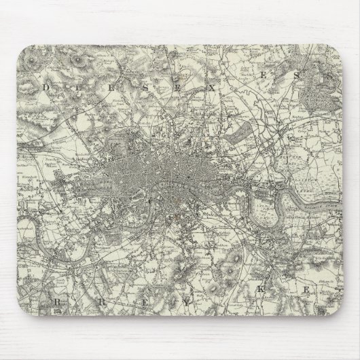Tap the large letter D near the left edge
(47, 88)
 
